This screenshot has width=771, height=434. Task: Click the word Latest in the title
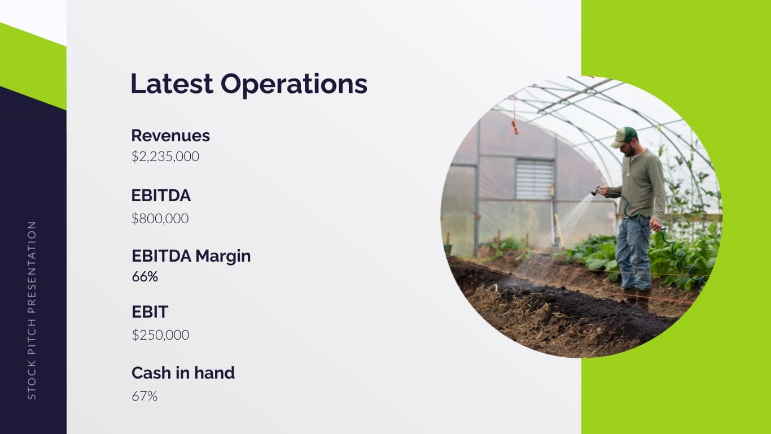(x=172, y=84)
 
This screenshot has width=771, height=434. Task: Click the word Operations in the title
(x=294, y=85)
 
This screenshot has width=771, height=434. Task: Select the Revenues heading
(x=170, y=136)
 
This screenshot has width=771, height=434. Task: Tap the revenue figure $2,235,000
(x=165, y=157)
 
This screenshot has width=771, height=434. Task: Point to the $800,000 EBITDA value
(x=160, y=219)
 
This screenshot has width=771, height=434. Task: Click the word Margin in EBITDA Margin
(x=223, y=257)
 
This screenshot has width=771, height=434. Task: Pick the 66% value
(x=145, y=277)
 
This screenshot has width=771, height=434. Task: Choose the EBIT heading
(x=150, y=311)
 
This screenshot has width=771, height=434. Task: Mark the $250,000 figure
(x=160, y=335)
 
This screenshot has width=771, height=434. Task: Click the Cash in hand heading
(x=183, y=373)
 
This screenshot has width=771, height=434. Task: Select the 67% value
(x=144, y=397)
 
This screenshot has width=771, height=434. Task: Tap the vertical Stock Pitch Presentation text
(x=32, y=310)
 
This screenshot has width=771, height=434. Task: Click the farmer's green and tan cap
(x=624, y=137)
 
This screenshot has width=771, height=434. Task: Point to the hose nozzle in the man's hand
(x=596, y=190)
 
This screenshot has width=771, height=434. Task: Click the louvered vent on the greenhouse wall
(x=535, y=179)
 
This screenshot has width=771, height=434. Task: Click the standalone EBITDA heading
(x=161, y=196)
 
